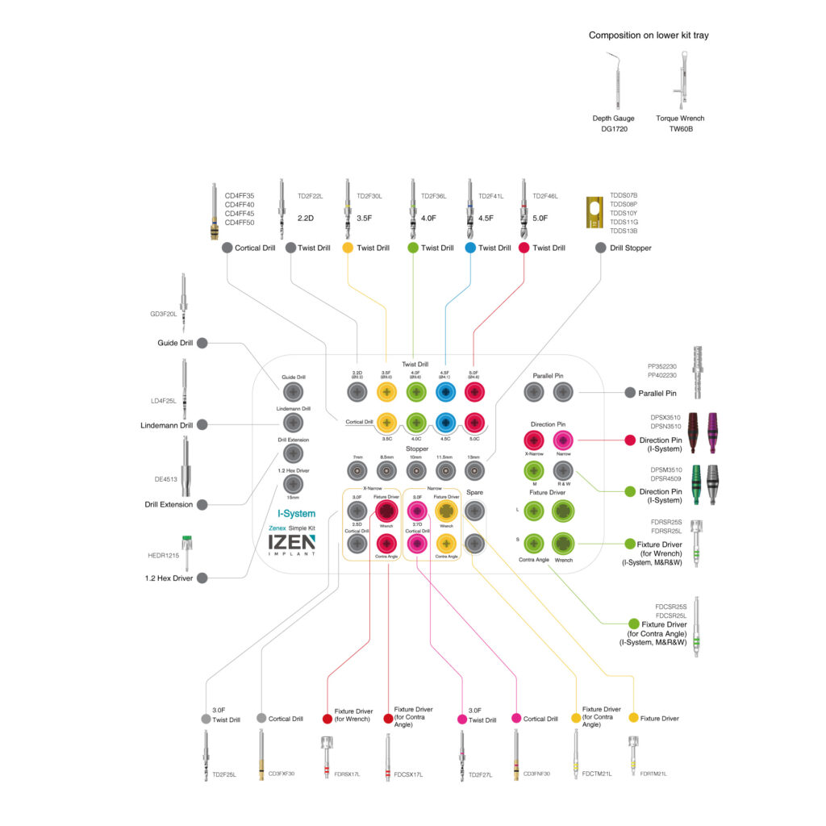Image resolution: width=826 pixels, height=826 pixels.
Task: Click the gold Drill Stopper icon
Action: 594,213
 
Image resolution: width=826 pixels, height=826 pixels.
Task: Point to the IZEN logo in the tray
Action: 292,545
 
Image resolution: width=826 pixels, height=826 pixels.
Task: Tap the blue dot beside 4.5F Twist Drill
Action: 470,248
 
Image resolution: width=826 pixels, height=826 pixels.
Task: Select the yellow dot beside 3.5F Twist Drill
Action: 348,248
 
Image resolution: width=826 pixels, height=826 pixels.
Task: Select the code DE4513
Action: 166,479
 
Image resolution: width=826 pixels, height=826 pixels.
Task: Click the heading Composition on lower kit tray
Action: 649,35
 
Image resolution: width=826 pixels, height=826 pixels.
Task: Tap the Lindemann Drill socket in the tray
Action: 293,423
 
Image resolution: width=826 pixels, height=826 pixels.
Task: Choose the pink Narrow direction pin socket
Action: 563,440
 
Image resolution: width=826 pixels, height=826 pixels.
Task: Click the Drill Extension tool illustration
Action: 186,468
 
